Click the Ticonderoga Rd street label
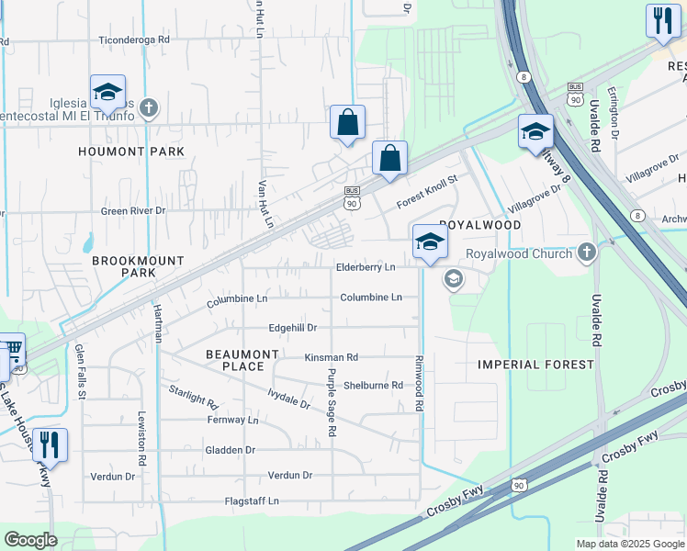coord(135,40)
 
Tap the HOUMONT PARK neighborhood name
coord(131,152)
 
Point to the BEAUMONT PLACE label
coord(242,360)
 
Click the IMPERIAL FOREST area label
coord(535,365)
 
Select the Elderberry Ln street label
coord(365,267)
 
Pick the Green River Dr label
coord(133,210)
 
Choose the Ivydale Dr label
coord(288,402)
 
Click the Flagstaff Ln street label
coord(252,501)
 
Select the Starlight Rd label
coord(193,398)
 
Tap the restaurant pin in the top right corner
coord(661,20)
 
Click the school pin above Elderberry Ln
coord(428,242)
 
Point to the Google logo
coord(30,540)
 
